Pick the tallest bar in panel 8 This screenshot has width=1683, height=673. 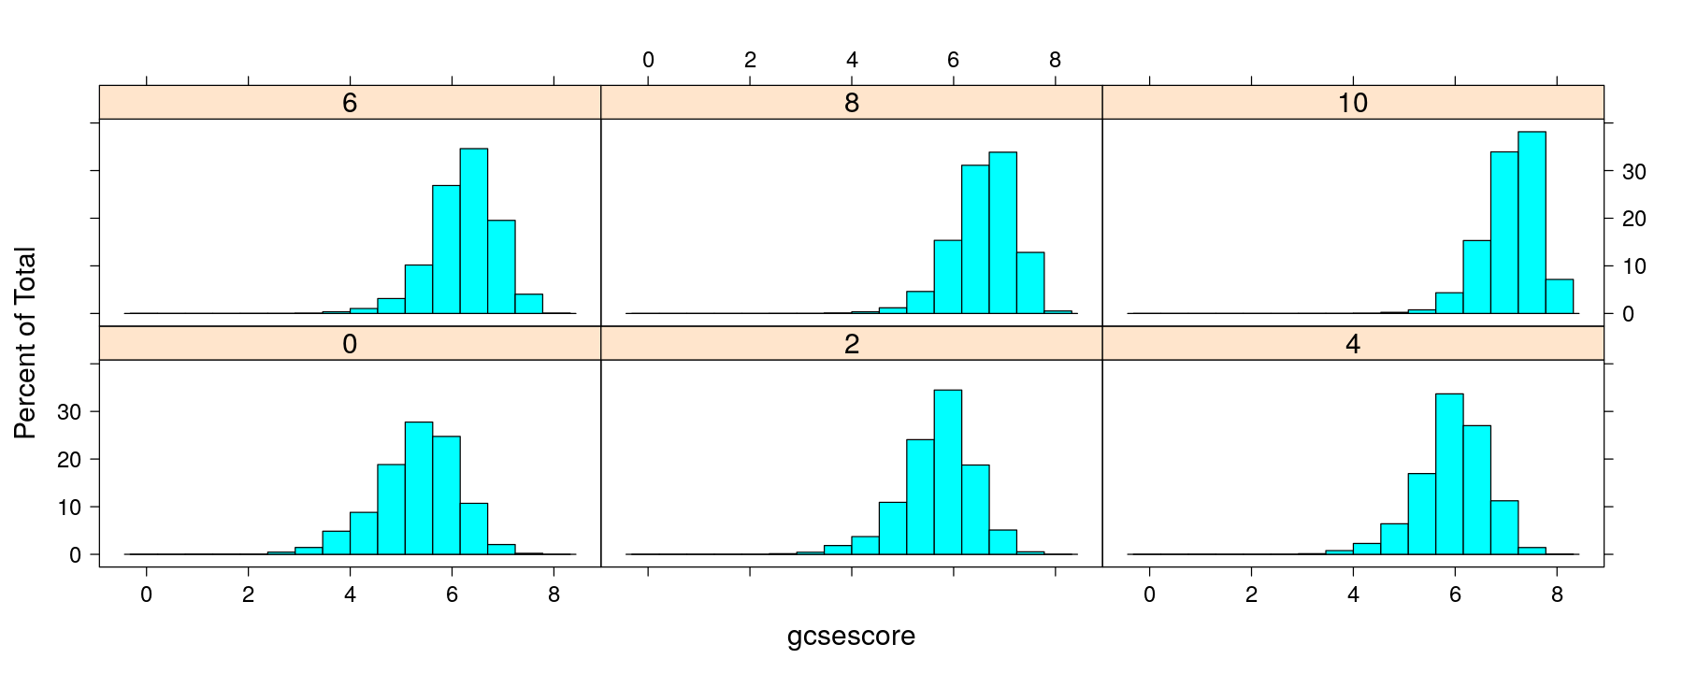tap(1002, 233)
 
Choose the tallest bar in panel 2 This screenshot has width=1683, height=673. tap(947, 472)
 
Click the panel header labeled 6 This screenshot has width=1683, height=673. tap(350, 103)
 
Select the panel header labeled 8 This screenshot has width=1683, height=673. tap(851, 103)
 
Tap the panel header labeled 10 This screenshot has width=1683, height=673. tap(1353, 103)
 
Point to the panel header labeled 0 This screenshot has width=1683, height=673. tap(350, 344)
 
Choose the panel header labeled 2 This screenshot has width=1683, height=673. tap(851, 344)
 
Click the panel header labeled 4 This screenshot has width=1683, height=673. tap(1353, 344)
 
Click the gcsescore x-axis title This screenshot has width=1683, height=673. tap(851, 637)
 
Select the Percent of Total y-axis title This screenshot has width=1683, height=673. tap(25, 343)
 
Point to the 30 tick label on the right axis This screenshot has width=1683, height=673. tap(1633, 172)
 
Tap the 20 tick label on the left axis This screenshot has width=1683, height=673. tap(70, 460)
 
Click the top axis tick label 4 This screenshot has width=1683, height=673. tap(852, 61)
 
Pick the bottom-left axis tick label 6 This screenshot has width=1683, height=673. tap(452, 594)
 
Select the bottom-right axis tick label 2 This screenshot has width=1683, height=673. tap(1251, 594)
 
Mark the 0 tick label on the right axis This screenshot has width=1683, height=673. tap(1628, 314)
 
